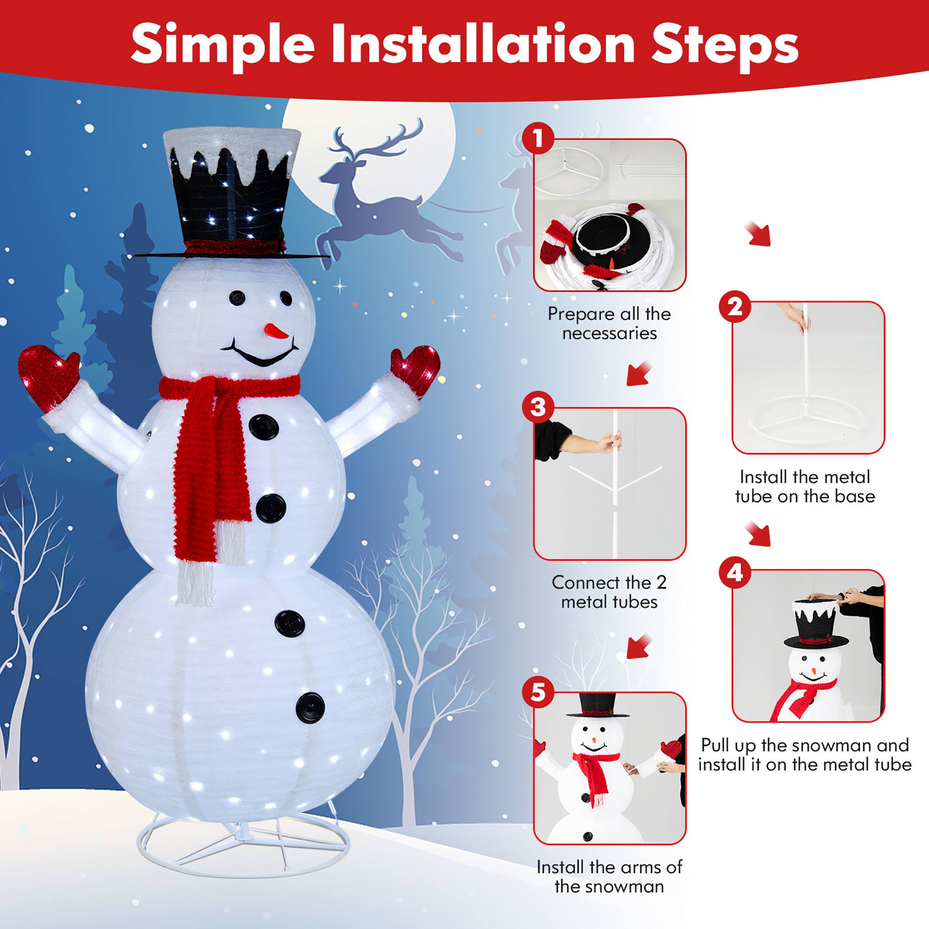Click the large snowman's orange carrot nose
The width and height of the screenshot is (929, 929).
point(275,331)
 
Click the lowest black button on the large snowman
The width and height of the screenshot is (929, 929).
point(310,708)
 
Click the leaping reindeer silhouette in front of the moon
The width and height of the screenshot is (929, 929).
point(385,202)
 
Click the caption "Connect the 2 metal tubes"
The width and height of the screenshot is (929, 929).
point(609,592)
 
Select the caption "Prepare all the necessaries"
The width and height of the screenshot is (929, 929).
point(609,323)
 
